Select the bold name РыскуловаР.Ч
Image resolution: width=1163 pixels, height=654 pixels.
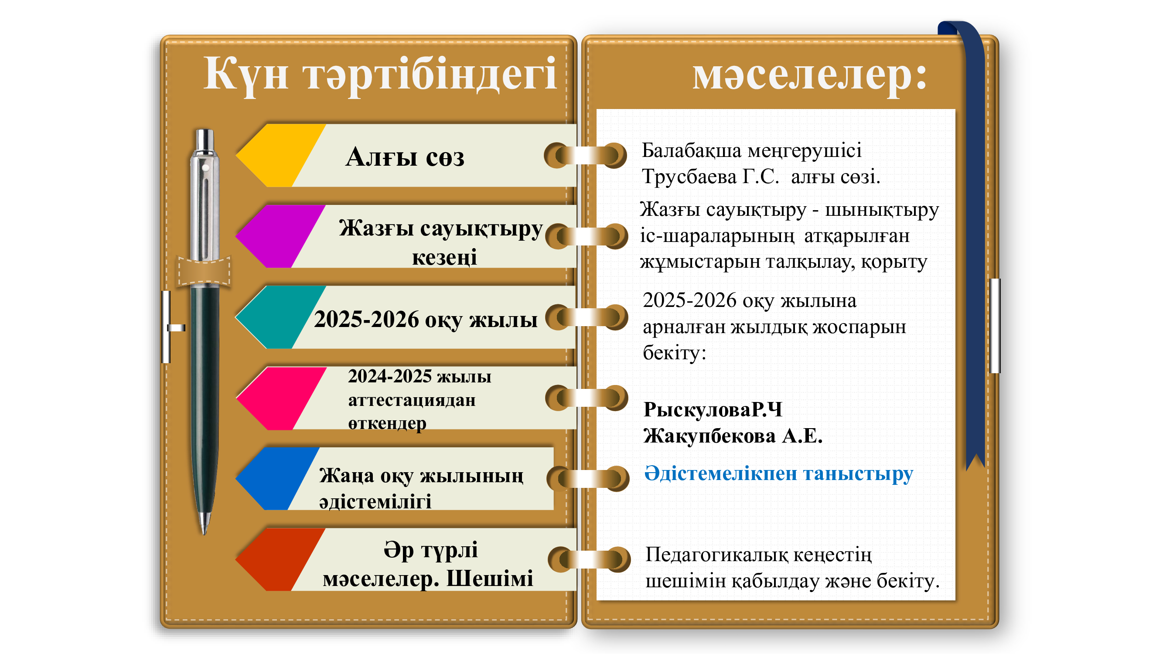point(713,409)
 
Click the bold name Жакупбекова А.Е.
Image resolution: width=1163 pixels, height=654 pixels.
point(733,436)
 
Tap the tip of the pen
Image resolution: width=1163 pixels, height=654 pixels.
point(204,533)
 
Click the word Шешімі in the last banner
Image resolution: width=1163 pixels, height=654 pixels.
point(489,579)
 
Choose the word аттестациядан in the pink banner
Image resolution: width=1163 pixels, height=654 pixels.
point(412,400)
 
